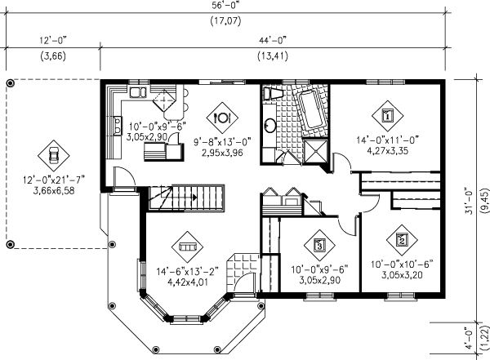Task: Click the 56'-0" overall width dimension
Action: point(225,7)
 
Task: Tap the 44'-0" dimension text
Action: point(273,41)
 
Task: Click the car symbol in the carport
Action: point(54,155)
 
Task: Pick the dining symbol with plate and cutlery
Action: point(222,118)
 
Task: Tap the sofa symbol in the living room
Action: point(187,247)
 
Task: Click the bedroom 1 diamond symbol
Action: point(387,116)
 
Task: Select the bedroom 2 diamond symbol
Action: point(402,240)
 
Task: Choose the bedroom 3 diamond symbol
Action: point(319,246)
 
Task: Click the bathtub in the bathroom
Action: point(310,110)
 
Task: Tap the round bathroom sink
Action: point(269,125)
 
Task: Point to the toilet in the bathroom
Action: point(272,93)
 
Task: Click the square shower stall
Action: point(315,152)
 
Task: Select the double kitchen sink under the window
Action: point(138,92)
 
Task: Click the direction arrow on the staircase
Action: point(194,198)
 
